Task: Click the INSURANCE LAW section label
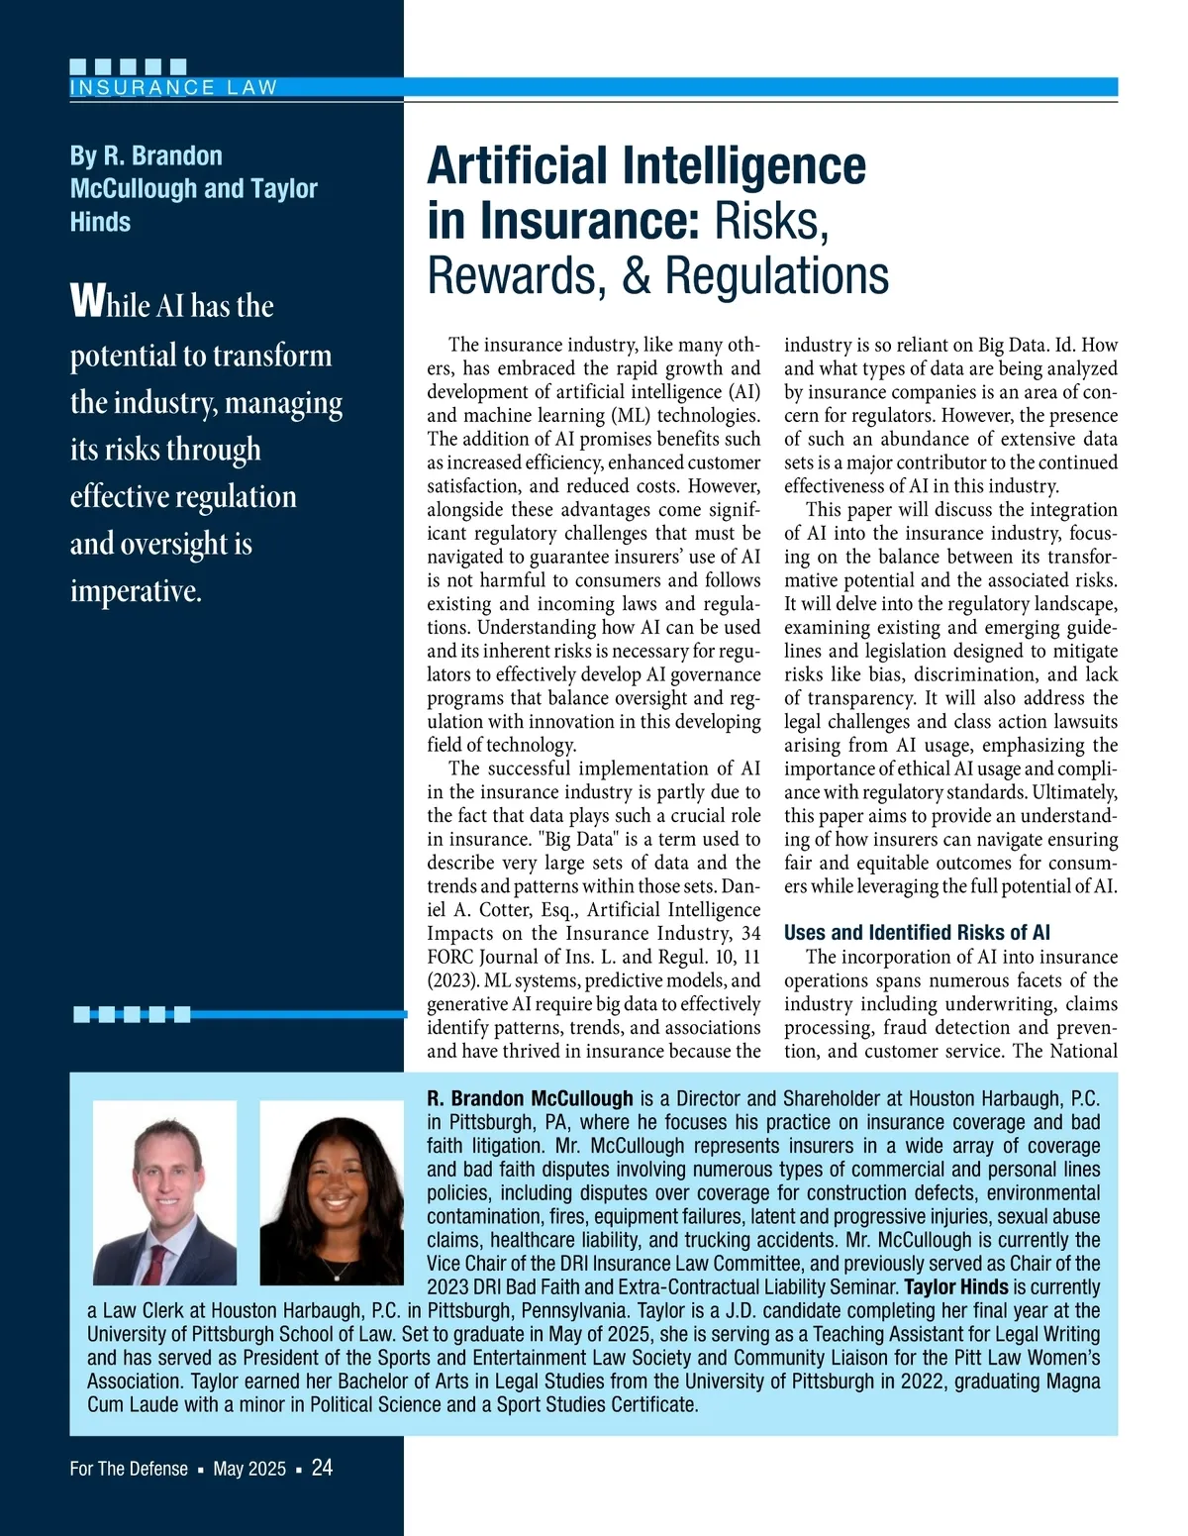[173, 87]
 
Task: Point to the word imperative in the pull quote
[135, 591]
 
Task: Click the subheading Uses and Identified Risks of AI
[917, 933]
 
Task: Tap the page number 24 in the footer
[322, 1468]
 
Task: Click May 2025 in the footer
[249, 1469]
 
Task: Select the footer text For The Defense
[129, 1469]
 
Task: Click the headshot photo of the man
[164, 1192]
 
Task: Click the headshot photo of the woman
[331, 1192]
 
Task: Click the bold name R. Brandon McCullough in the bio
[530, 1098]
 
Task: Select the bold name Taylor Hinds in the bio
[956, 1287]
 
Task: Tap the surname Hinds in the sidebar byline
[100, 222]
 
